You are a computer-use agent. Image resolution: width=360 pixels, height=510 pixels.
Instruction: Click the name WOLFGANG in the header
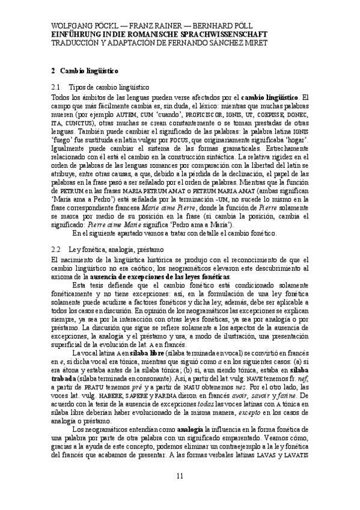tap(71, 26)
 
